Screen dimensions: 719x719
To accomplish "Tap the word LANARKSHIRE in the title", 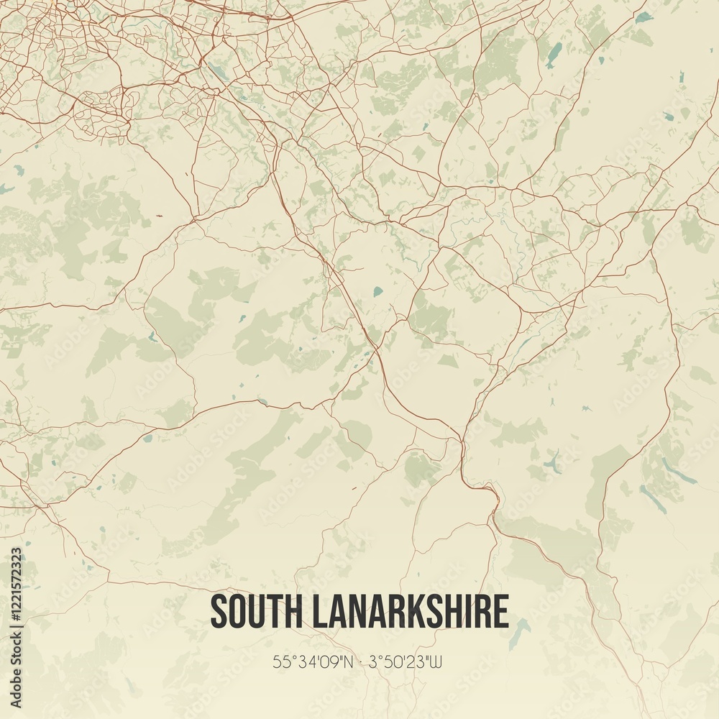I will click(410, 612).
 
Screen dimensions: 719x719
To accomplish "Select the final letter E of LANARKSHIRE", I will click(500, 612).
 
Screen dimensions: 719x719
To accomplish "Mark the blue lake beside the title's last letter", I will click(519, 633).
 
